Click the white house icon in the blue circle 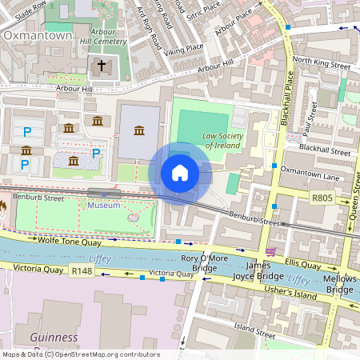[x=180, y=173]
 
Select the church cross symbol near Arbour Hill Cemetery [x=101, y=66]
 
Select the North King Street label [x=321, y=61]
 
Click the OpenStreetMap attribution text [x=81, y=354]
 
